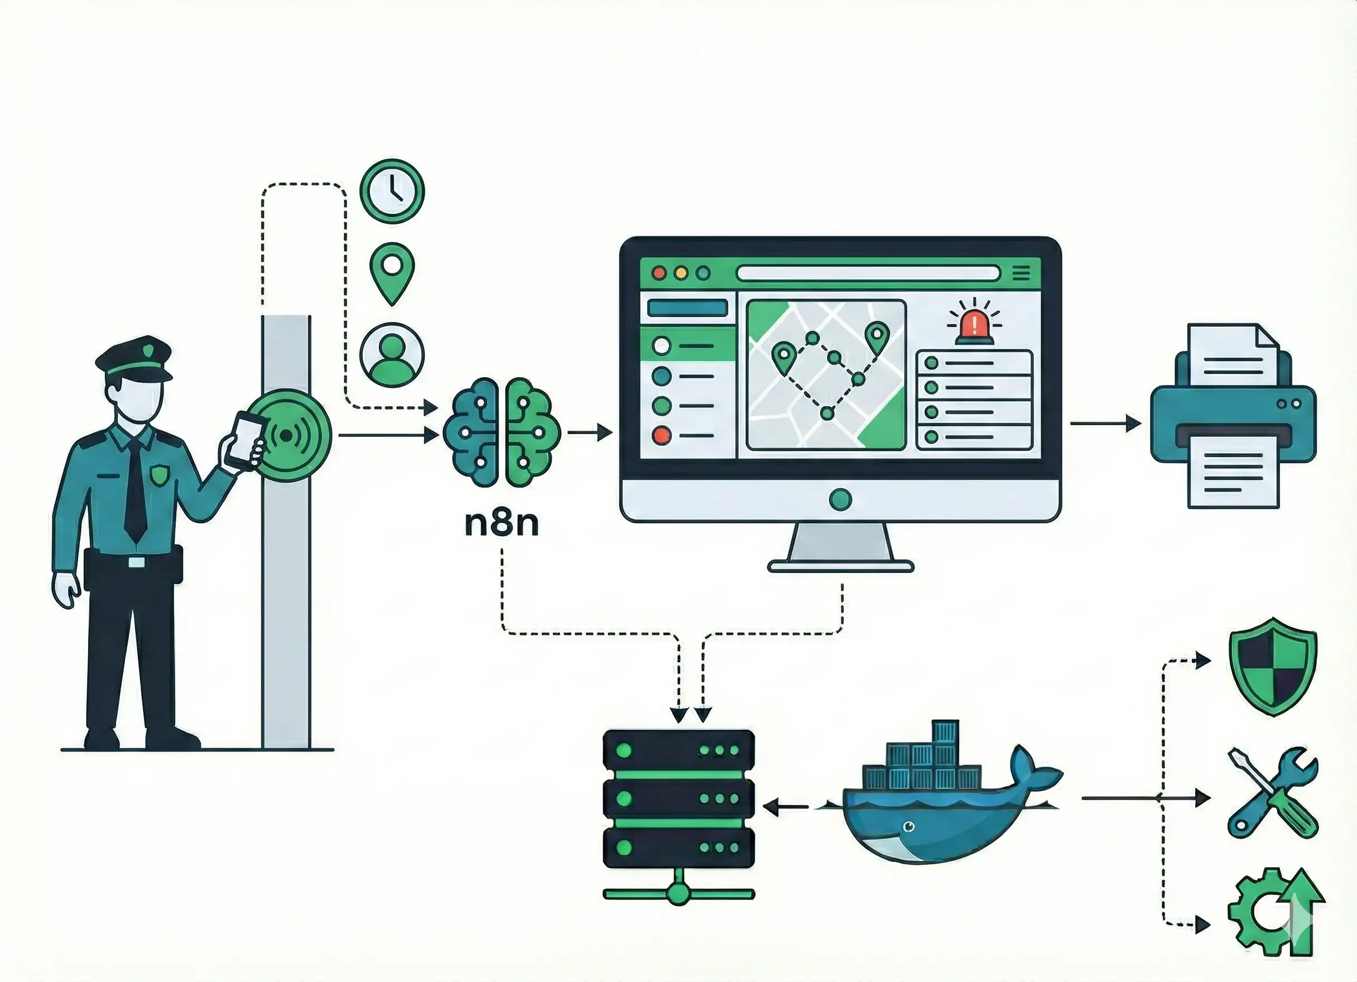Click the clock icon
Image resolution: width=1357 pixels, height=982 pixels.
[392, 191]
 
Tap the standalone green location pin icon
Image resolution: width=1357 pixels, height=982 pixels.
[392, 271]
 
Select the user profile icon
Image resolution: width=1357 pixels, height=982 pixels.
[392, 354]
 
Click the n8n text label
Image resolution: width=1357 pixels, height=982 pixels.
[502, 523]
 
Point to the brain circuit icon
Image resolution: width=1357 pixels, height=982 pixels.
[502, 432]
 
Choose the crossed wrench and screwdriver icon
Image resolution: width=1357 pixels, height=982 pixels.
[1273, 793]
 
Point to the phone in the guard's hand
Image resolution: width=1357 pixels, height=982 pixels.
[246, 440]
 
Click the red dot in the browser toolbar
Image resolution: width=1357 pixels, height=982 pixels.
[659, 273]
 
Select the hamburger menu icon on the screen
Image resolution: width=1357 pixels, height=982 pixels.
[1021, 273]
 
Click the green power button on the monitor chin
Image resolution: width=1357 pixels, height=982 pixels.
[841, 498]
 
